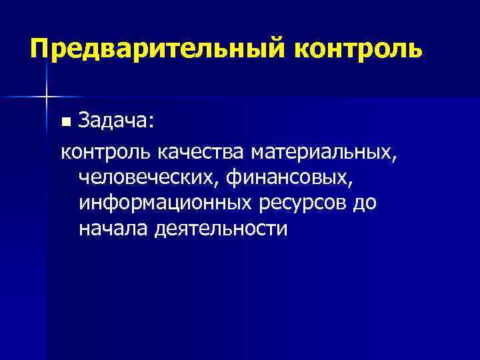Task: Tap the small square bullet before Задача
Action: pyautogui.click(x=65, y=123)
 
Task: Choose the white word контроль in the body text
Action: pyautogui.click(x=107, y=153)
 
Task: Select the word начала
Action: pyautogui.click(x=113, y=229)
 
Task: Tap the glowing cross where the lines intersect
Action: pyautogui.click(x=47, y=97)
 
